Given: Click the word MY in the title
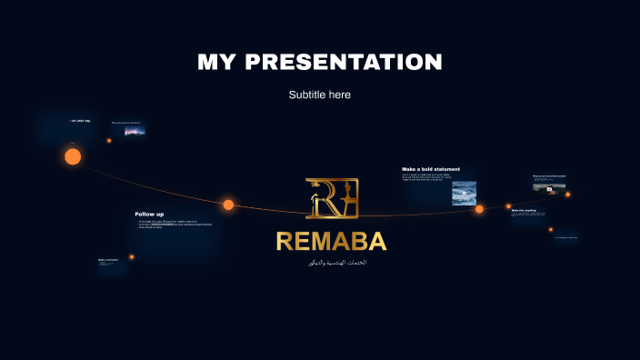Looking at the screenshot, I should click(219, 62).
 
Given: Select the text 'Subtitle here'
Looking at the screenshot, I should click(320, 95).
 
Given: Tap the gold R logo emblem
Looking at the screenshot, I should click(332, 198).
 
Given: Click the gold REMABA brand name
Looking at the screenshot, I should click(331, 242).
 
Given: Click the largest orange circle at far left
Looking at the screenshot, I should click(73, 156).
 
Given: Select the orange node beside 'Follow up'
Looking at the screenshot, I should click(228, 205).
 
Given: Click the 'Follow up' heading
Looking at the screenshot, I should click(149, 214).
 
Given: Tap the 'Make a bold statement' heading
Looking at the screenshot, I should click(431, 169).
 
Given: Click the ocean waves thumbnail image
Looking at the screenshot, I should click(465, 193).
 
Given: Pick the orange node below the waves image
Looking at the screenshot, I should click(479, 209).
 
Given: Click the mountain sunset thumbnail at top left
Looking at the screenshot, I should click(135, 131).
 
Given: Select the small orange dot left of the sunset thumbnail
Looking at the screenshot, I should click(109, 140).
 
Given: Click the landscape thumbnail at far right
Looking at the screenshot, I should click(543, 186).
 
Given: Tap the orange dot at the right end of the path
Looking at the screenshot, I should click(568, 194).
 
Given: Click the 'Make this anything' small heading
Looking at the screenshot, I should click(524, 210).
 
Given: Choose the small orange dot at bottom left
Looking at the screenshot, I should click(132, 257).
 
